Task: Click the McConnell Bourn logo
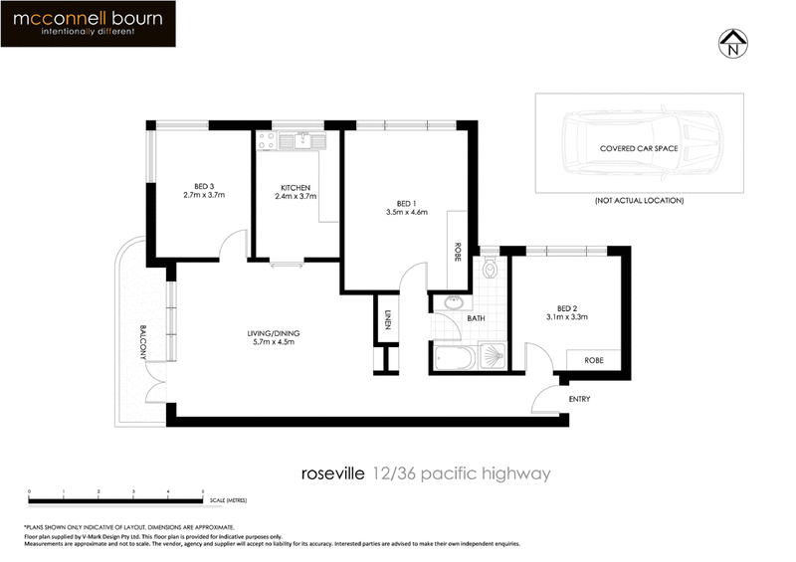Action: [89, 24]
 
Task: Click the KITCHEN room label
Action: [295, 187]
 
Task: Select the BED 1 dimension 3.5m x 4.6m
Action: [406, 212]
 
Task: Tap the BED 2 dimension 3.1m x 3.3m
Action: [567, 317]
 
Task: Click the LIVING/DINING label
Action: [274, 332]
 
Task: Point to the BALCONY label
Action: [143, 342]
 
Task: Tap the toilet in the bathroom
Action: [489, 269]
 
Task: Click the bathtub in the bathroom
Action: [457, 356]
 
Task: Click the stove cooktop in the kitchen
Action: [266, 141]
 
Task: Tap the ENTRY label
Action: [579, 399]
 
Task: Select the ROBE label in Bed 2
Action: [594, 360]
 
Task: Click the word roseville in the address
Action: [332, 474]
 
